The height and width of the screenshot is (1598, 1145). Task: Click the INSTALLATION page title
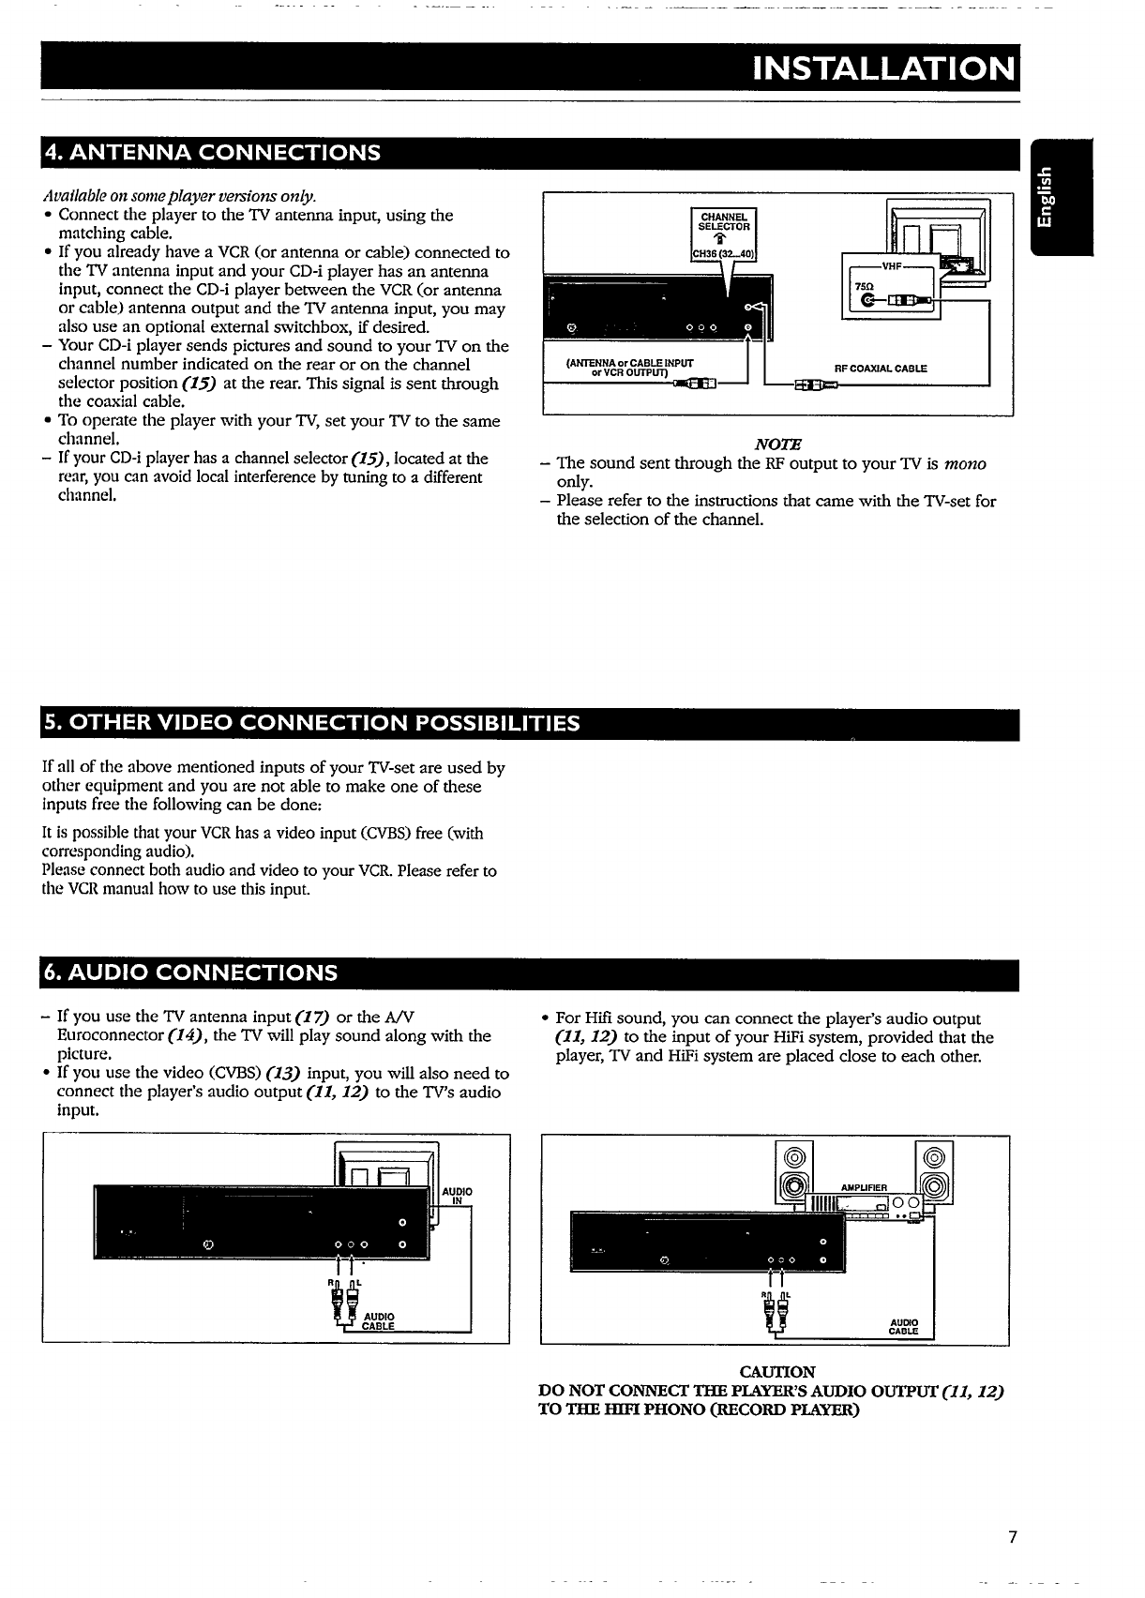click(x=885, y=69)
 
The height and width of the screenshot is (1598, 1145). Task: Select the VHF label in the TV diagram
click(x=890, y=266)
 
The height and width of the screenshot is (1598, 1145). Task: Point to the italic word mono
click(x=965, y=464)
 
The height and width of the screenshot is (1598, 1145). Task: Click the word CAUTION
click(x=777, y=1372)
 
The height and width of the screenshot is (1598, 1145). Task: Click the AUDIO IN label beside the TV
click(x=458, y=1196)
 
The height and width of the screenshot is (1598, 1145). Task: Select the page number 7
click(x=1012, y=1536)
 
